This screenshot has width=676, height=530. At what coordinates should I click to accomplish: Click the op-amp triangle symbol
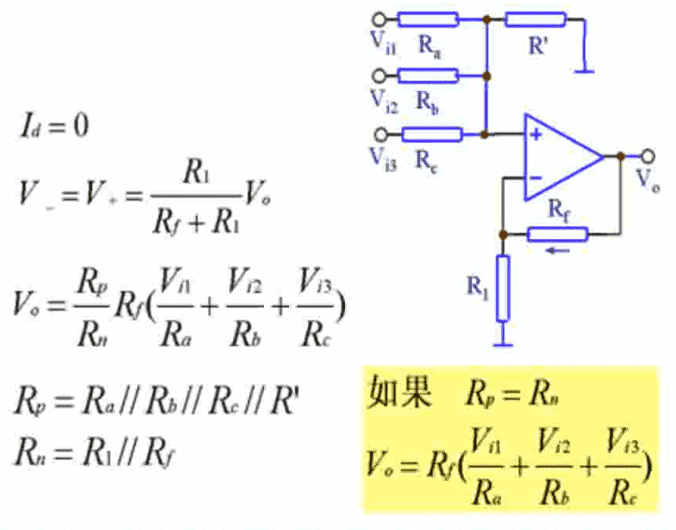[x=560, y=155]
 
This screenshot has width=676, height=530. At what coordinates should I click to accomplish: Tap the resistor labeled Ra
[x=428, y=18]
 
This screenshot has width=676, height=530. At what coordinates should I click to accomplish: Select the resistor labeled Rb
[x=428, y=77]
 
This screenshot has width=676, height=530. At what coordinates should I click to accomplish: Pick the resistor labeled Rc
[x=432, y=135]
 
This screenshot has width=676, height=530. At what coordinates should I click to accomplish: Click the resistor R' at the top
[x=535, y=18]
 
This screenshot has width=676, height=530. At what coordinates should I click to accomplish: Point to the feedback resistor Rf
[x=557, y=234]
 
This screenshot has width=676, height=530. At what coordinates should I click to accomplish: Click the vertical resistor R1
[x=504, y=287]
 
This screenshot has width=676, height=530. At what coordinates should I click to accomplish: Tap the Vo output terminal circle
[x=647, y=155]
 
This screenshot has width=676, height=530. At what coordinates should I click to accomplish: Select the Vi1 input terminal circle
[x=382, y=18]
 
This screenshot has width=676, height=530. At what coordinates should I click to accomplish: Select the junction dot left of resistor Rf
[x=504, y=234]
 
